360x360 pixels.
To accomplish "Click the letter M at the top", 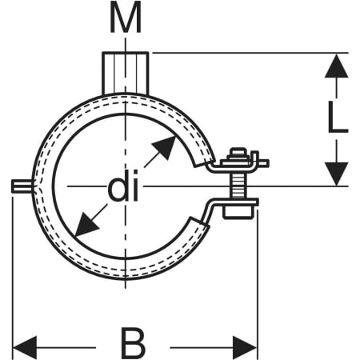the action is click(126, 18).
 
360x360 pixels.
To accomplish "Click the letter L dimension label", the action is click(338, 118).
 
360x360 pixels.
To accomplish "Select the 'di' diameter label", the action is click(123, 186).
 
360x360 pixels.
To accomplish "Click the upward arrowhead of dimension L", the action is click(337, 66).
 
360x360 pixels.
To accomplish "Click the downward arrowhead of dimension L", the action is click(337, 174).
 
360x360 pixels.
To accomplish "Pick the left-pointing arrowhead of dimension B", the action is click(25, 347).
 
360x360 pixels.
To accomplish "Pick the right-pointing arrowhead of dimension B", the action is click(245, 347).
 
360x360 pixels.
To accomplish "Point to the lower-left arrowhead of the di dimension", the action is click(86, 225).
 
